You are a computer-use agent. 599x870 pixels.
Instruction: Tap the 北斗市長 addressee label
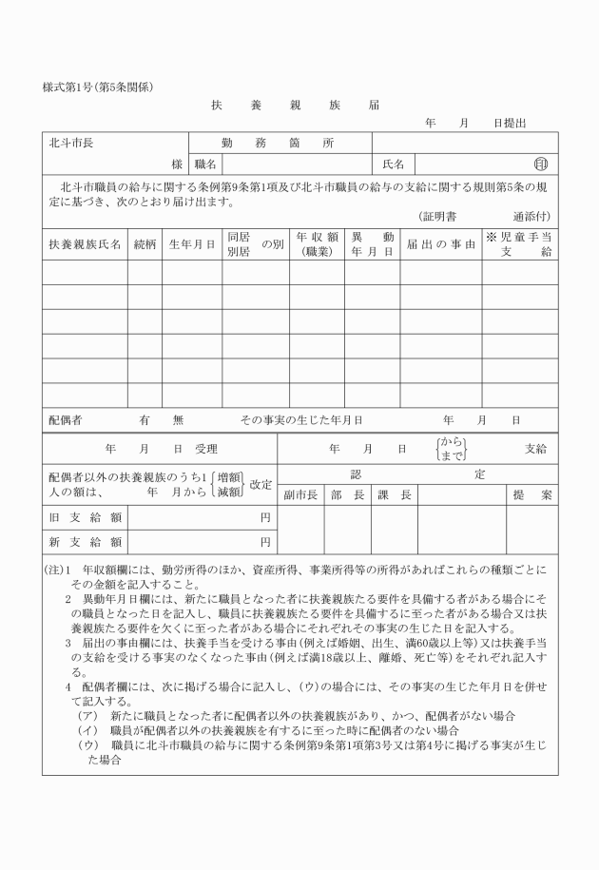(71, 144)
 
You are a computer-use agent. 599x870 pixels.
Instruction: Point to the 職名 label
(206, 164)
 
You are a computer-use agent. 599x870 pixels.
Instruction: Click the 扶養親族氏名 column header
(85, 244)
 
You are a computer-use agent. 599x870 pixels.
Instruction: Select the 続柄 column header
(145, 244)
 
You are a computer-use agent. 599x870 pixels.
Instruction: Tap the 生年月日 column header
(191, 244)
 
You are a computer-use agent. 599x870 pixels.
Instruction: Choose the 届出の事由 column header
(440, 244)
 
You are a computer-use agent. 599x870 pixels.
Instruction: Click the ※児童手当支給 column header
(519, 244)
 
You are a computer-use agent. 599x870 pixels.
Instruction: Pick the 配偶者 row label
(65, 418)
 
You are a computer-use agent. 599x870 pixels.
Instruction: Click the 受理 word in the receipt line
(206, 448)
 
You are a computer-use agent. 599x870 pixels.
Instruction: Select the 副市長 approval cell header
(299, 495)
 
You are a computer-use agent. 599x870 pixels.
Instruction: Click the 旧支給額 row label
(84, 518)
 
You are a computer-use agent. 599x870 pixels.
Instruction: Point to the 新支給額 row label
(84, 543)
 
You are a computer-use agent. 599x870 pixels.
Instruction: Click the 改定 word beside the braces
(261, 484)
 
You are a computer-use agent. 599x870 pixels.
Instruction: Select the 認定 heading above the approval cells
(418, 473)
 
